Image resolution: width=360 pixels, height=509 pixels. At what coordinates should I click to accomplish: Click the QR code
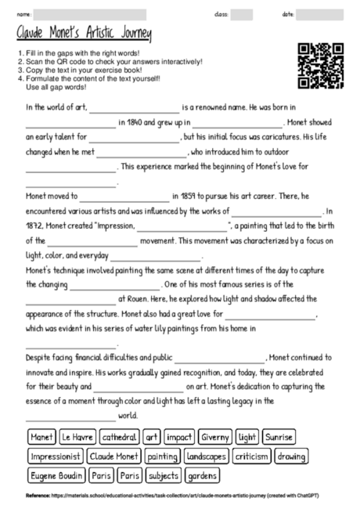click(x=322, y=67)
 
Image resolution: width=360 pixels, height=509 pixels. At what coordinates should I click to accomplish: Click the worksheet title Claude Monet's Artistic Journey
click(x=85, y=34)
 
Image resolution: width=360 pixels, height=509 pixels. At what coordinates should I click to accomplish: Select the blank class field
click(x=241, y=14)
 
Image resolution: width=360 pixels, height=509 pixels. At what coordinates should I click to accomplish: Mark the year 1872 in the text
click(x=34, y=226)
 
